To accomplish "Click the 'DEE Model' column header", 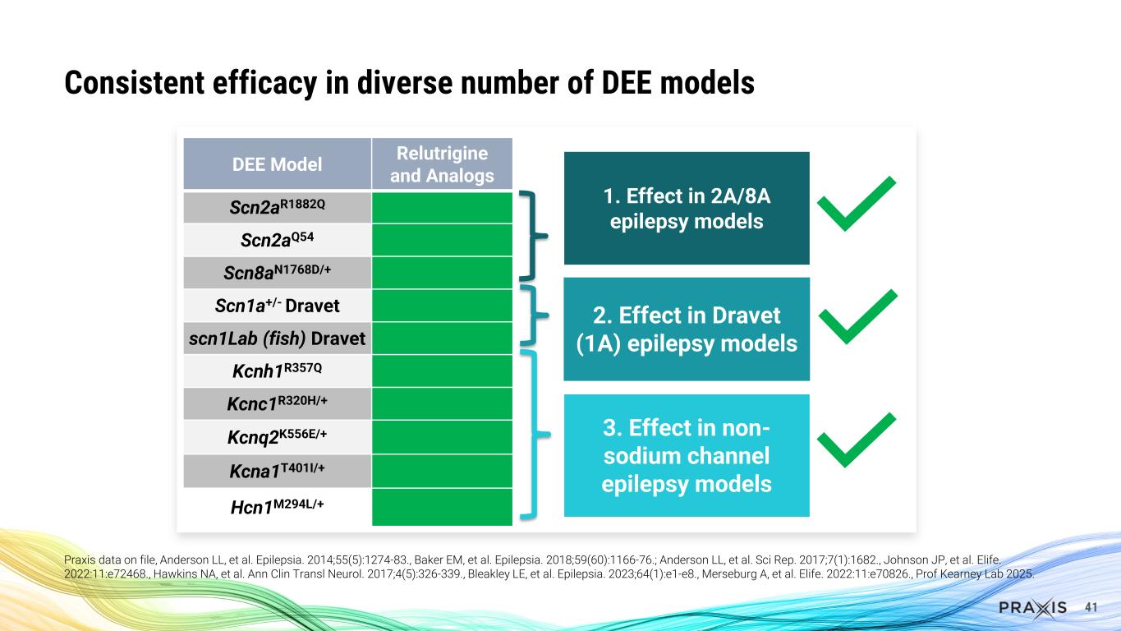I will [277, 164].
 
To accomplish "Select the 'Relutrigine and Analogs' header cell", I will [442, 164].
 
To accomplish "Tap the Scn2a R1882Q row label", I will [277, 207].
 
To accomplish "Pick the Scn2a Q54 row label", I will [277, 240].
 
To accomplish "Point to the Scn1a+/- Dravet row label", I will [277, 306].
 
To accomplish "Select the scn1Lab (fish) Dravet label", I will [277, 339].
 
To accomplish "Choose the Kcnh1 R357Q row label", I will [277, 371].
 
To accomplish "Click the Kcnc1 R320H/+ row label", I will [277, 403].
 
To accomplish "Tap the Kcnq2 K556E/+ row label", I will [277, 436].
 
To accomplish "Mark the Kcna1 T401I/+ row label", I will [277, 470].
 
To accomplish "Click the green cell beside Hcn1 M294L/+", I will [442, 506].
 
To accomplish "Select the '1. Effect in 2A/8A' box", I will [687, 208].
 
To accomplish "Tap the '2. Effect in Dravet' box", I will [687, 329].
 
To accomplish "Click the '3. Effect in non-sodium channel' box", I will [687, 455].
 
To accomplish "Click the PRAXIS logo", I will [1032, 607].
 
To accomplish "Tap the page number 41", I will [1091, 607].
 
